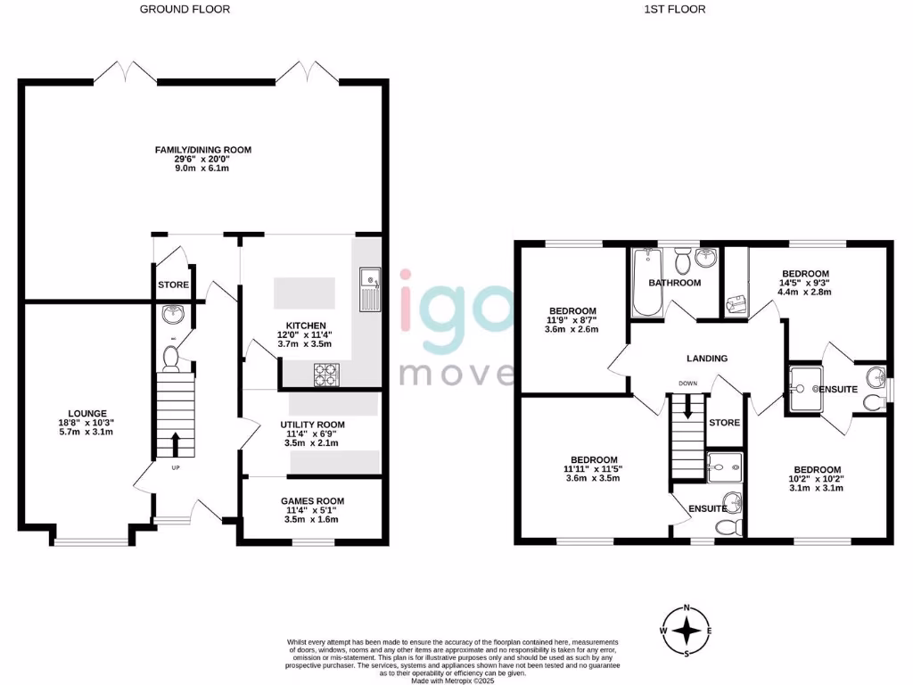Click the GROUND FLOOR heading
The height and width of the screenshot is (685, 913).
185,10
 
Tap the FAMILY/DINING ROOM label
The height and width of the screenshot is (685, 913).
202,150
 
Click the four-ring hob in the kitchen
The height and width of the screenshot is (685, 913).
326,376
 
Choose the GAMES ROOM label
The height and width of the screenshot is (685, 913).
312,501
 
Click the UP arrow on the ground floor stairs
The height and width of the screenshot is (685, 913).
174,443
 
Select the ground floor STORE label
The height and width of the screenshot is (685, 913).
173,285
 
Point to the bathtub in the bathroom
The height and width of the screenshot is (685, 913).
645,281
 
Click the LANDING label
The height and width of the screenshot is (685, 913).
707,358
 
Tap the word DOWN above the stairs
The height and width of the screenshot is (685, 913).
687,384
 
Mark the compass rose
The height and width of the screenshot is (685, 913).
687,631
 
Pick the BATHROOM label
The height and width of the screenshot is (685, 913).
675,283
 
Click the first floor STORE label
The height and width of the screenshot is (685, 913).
724,423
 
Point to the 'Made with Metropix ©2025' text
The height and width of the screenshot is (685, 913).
451,681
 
